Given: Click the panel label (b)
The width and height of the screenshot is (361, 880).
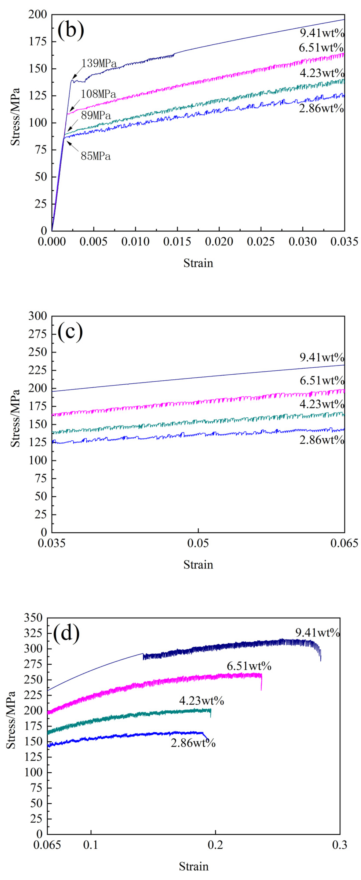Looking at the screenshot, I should coord(71,30).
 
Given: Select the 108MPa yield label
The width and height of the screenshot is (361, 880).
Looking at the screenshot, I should coord(98,94).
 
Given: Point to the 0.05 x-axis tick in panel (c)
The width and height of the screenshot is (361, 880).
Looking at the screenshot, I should coord(198,543).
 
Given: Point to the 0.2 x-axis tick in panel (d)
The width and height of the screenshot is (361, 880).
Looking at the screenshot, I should coord(216,845).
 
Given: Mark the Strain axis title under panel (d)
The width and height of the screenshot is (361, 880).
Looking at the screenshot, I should coord(194,866).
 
